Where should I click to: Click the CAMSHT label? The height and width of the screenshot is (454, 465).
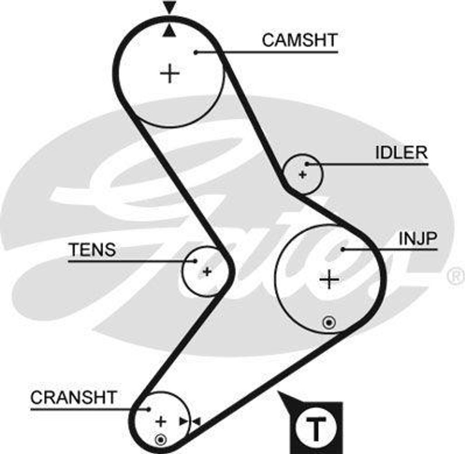(300, 40)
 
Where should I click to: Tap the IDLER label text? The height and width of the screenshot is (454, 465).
(401, 153)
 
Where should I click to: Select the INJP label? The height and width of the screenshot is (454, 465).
(417, 239)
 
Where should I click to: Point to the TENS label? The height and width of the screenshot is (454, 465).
(92, 250)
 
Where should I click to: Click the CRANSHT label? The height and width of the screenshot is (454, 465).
(73, 397)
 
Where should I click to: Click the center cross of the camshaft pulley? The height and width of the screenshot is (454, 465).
(170, 73)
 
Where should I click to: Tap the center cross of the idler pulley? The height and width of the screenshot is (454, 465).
(302, 174)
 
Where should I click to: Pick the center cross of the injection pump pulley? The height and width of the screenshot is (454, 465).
(329, 279)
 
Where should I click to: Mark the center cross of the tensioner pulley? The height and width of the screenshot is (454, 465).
(207, 272)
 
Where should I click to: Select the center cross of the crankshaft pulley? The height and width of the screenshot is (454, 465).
(160, 421)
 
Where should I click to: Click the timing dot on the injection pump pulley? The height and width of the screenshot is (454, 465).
(329, 323)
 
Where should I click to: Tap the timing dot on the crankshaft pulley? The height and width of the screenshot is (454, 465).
(160, 439)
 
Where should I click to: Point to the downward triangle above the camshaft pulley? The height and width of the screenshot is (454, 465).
(169, 8)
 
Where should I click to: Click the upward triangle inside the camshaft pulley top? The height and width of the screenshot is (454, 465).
(169, 31)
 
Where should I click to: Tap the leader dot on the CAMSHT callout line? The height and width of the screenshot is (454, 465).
(196, 53)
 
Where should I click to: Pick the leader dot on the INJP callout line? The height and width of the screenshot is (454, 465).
(343, 249)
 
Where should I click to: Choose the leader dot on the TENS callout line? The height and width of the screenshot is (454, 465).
(195, 261)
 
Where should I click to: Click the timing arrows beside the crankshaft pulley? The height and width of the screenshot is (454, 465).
(189, 421)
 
